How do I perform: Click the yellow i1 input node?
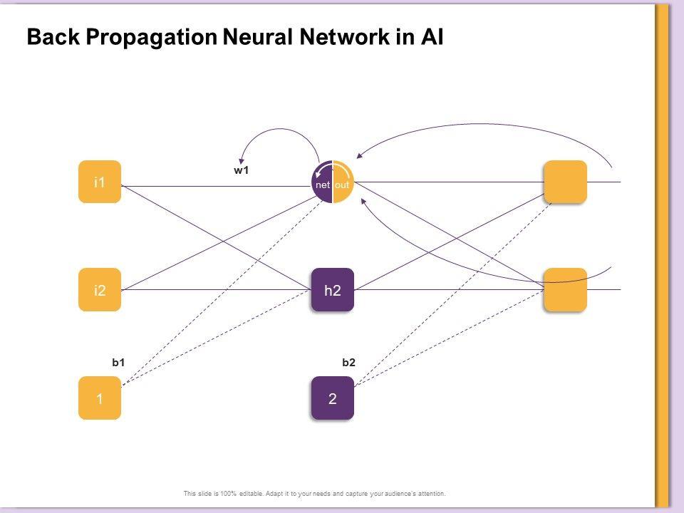[x=100, y=182]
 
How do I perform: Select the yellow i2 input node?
[x=100, y=290]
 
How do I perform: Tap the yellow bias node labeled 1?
[x=100, y=398]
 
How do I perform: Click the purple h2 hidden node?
[x=332, y=290]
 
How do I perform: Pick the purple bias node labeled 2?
[x=332, y=398]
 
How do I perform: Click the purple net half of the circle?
[x=322, y=183]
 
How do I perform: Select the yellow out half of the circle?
[x=343, y=183]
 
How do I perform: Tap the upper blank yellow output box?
[x=565, y=182]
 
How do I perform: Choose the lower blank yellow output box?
[x=565, y=289]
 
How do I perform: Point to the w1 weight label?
[x=242, y=170]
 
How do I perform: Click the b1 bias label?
[x=119, y=363]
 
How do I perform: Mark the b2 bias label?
[x=348, y=363]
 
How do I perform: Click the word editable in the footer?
[x=244, y=493]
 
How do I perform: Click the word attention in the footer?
[x=430, y=493]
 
